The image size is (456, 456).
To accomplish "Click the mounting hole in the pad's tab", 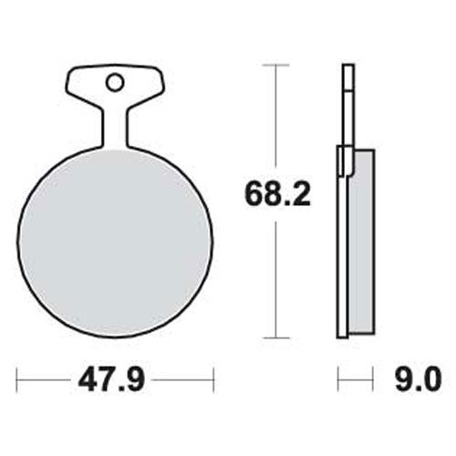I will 114,83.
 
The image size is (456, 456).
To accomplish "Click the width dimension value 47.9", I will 114,377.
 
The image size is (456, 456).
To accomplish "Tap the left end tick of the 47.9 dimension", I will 17,377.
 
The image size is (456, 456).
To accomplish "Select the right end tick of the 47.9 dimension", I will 212,377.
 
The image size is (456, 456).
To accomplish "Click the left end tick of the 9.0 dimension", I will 338,377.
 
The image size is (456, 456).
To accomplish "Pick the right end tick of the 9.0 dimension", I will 374,377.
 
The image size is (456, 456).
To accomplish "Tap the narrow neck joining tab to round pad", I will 114,128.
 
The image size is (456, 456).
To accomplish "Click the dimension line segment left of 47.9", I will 46,377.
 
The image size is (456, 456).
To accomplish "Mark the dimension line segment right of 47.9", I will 182,377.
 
